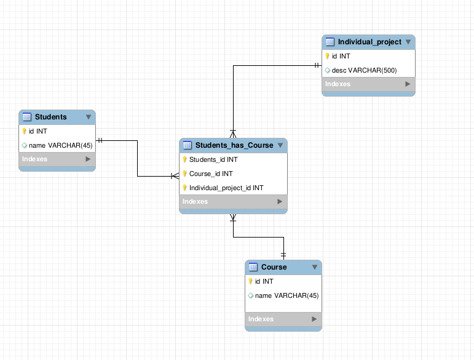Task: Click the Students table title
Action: click(50, 117)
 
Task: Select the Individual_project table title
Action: click(369, 42)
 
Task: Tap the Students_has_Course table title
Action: click(234, 145)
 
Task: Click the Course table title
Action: click(274, 267)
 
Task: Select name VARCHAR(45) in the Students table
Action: click(60, 145)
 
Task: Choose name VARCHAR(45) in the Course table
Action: click(286, 295)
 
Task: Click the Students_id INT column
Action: click(213, 159)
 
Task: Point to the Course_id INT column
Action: click(211, 174)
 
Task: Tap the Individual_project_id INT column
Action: click(226, 188)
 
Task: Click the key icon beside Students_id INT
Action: click(184, 159)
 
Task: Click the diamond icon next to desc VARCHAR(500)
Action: click(328, 70)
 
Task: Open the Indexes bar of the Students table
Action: click(57, 159)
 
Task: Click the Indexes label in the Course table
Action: click(261, 319)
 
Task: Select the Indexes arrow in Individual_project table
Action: click(407, 84)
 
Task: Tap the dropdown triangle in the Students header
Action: click(89, 117)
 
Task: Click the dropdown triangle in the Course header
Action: click(314, 267)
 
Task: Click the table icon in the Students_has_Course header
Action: click(188, 145)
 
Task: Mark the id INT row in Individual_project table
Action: click(341, 56)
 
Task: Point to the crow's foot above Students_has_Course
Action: click(233, 133)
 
